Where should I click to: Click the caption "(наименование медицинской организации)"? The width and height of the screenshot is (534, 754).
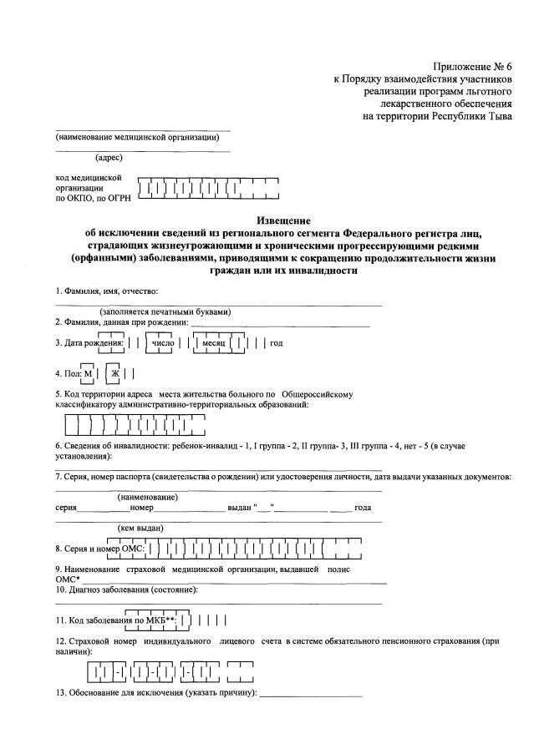pos(143,138)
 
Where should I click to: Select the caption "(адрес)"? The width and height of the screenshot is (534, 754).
pos(109,158)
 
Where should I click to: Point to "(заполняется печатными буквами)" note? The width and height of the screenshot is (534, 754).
pos(165,312)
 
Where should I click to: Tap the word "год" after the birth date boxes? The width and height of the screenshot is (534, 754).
pos(277,343)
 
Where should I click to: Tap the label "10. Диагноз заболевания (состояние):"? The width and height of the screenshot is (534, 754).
pos(126,590)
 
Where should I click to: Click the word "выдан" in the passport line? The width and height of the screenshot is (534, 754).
pos(239,509)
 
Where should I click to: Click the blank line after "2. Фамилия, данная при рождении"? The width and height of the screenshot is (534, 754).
pos(279,323)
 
